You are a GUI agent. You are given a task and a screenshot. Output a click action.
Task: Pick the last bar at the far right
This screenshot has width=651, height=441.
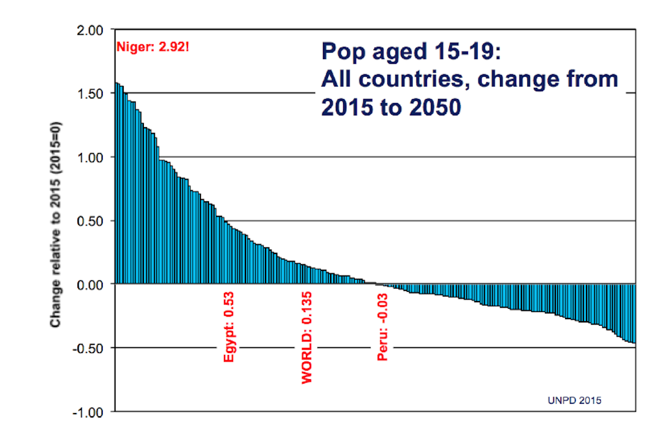point(633,313)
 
